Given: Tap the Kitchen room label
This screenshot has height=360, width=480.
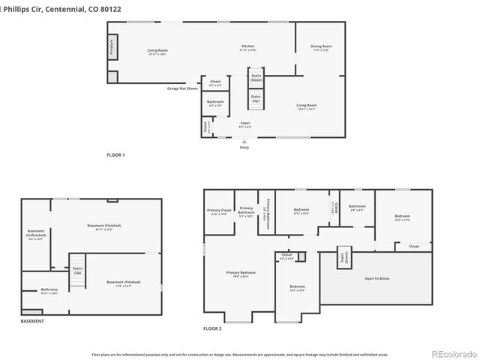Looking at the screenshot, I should click(247, 48).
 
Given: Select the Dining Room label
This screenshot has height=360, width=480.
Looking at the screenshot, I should click(321, 48).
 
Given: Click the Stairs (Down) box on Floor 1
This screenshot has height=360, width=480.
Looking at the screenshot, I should click(256, 77).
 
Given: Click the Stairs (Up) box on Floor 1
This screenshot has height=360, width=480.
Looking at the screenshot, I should click(256, 98).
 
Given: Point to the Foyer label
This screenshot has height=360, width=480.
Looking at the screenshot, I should click(245, 124).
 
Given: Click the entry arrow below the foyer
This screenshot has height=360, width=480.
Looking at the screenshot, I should click(244, 141).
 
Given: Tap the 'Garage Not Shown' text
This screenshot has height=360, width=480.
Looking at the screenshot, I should click(182, 88).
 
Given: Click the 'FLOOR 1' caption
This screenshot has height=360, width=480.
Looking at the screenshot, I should click(115, 154).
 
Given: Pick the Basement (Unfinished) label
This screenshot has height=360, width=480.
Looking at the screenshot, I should click(36, 234).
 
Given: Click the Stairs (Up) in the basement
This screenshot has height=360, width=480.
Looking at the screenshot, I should click(77, 270).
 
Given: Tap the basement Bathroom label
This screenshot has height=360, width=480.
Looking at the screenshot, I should click(49, 291).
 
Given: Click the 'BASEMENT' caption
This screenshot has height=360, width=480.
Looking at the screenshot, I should click(32, 321).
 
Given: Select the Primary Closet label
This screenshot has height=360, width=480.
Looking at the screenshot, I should click(220, 211).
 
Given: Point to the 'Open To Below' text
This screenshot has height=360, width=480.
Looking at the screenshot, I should click(376, 278).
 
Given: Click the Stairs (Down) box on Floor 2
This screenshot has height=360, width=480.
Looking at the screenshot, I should click(345, 257).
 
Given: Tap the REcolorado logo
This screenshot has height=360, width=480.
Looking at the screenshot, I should click(452, 353).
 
